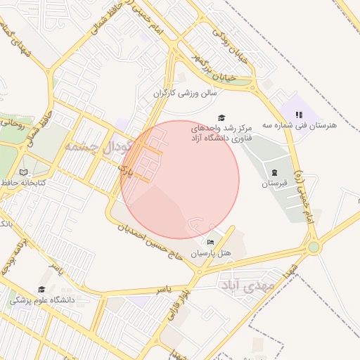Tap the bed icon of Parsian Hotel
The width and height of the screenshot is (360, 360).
[x=211, y=243]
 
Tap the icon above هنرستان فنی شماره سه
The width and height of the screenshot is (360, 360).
[x=299, y=114]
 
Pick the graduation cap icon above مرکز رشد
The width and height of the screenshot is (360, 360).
[x=221, y=117]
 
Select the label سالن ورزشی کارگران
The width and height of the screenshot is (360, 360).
[x=186, y=92]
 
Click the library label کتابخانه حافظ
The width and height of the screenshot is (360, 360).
[x=25, y=183]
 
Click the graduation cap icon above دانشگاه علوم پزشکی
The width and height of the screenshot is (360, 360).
[x=41, y=289]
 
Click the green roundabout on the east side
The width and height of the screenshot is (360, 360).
[x=314, y=247]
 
